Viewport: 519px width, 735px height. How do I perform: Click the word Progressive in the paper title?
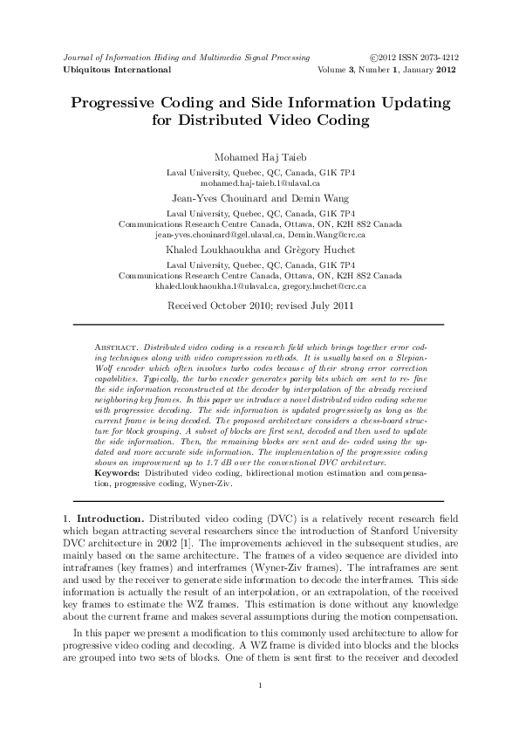point(124,102)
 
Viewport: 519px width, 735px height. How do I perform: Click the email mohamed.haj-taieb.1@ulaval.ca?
point(259,184)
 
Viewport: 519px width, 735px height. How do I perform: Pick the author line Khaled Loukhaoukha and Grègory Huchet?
point(259,249)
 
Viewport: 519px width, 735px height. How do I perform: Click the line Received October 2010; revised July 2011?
point(259,306)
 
